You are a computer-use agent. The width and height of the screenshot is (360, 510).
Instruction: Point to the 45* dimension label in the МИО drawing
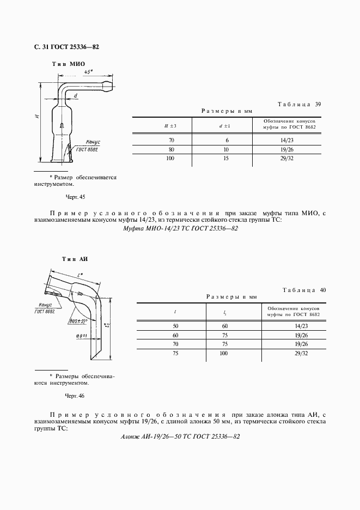tap(88, 73)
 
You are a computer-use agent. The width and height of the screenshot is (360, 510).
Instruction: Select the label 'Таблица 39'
tap(300, 104)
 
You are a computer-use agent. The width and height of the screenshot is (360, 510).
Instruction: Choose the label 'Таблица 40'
tap(304, 290)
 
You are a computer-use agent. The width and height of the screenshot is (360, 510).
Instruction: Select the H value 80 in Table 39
tap(171, 149)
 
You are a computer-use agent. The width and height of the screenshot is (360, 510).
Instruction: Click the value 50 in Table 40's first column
tap(175, 326)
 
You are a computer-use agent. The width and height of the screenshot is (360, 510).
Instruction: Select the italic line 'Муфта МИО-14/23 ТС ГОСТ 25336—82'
tap(178, 229)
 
